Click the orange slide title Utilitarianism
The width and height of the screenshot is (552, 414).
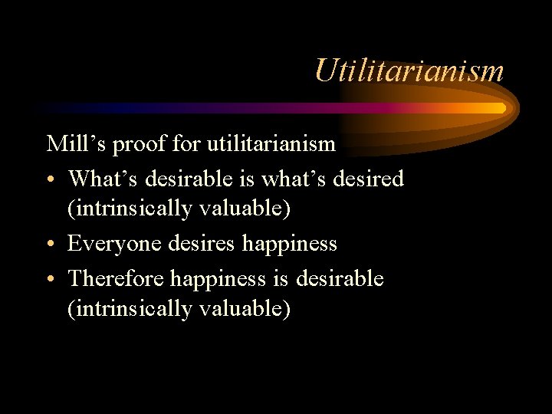click(x=409, y=71)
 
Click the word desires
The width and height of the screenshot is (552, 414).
click(x=199, y=244)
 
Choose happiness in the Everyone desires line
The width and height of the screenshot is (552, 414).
click(x=290, y=244)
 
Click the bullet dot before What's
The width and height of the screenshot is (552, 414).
click(x=51, y=180)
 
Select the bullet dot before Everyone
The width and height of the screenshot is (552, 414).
click(x=51, y=245)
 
